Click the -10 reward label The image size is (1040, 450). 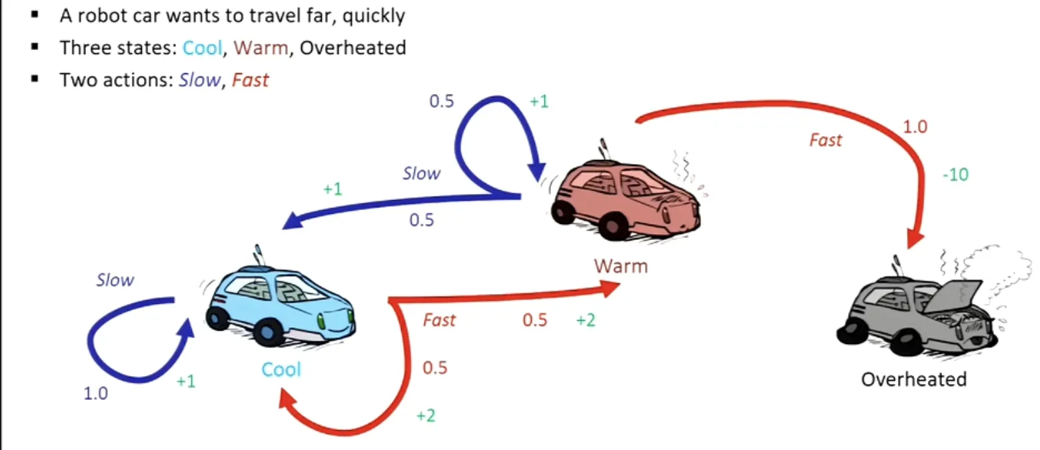(955, 175)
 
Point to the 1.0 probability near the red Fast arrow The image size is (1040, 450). (915, 127)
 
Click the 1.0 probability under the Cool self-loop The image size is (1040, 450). (96, 393)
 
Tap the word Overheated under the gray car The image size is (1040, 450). (913, 379)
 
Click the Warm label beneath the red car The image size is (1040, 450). (621, 266)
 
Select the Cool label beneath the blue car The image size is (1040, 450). (281, 369)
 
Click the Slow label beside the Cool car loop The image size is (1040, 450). (115, 280)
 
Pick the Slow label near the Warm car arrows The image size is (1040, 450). (421, 173)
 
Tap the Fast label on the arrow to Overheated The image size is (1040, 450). (825, 140)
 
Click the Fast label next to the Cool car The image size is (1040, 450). (439, 320)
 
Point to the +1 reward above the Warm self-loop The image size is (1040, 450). (539, 101)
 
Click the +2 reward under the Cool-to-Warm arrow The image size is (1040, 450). (586, 320)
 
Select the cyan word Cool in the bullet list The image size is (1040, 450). (203, 48)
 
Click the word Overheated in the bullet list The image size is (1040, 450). (353, 48)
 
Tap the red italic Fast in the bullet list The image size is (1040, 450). (250, 80)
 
